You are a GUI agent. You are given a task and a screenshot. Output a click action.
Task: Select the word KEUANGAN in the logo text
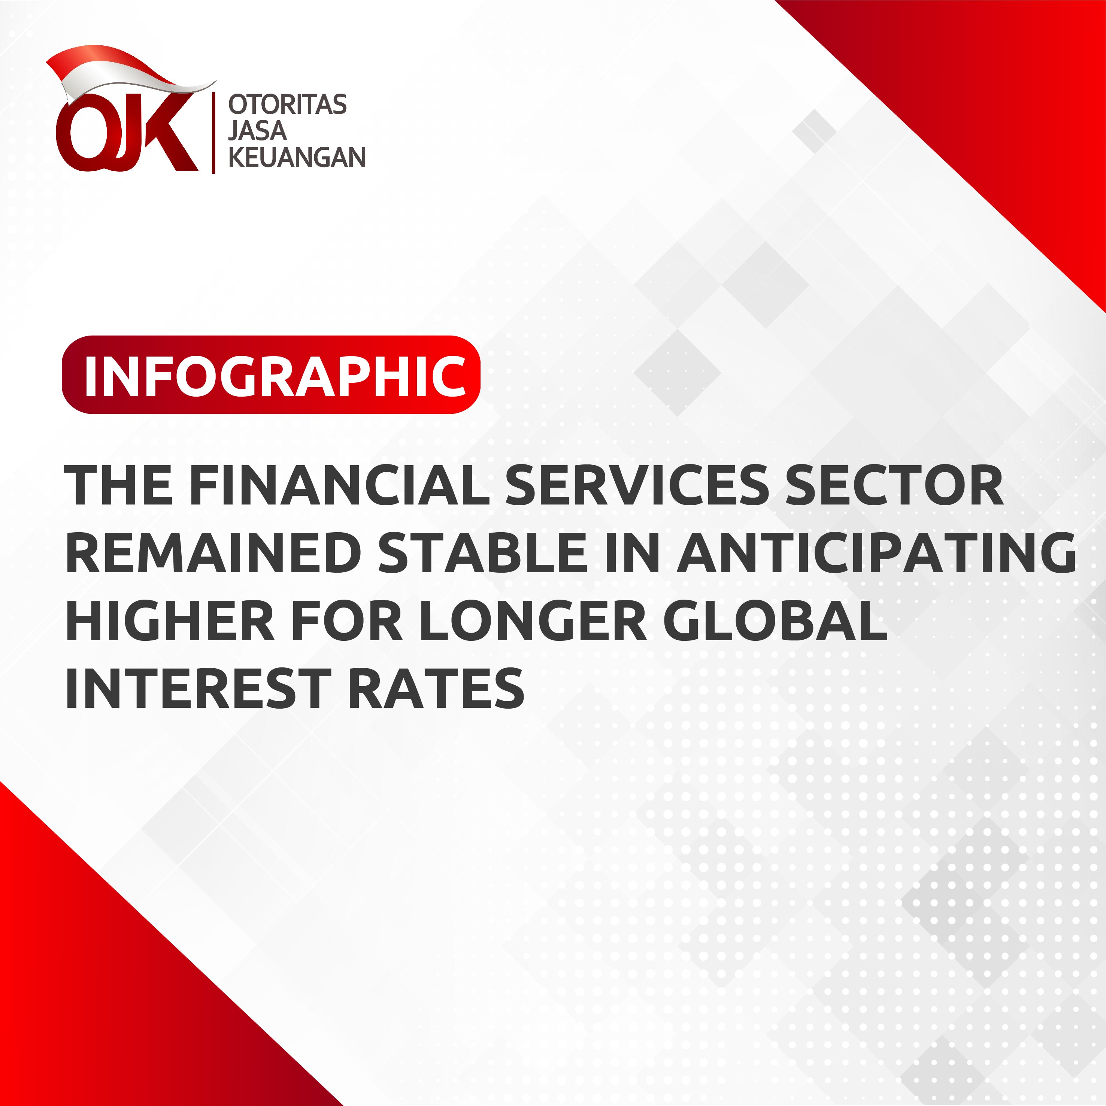(x=297, y=157)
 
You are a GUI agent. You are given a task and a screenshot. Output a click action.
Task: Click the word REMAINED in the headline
(x=213, y=552)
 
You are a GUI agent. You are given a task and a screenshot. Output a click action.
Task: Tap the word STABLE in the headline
(x=482, y=552)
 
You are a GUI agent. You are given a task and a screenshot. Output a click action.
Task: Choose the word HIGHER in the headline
(x=170, y=620)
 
